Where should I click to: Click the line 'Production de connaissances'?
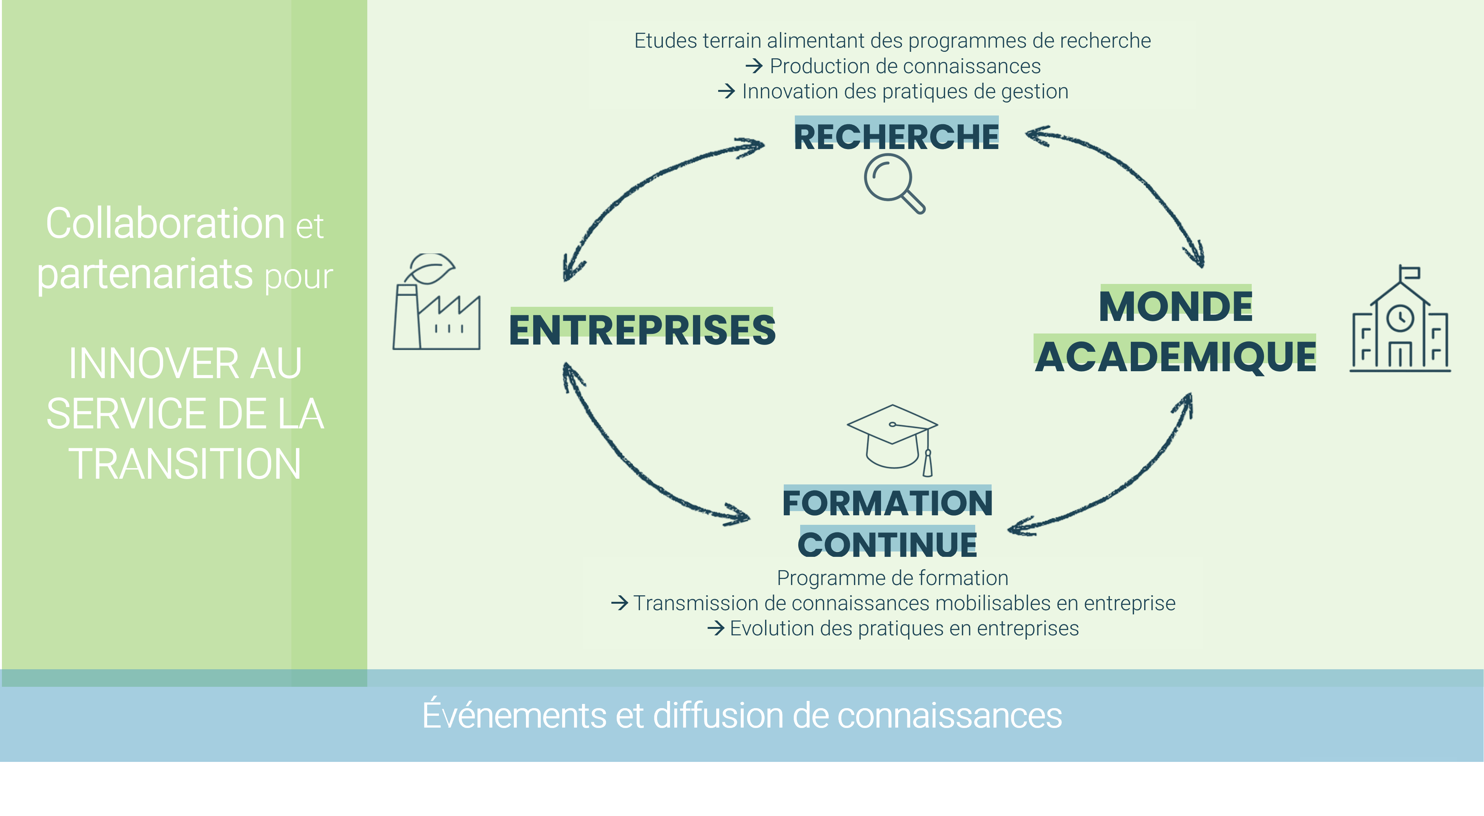pos(905,66)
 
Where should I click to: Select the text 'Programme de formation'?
pos(892,577)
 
